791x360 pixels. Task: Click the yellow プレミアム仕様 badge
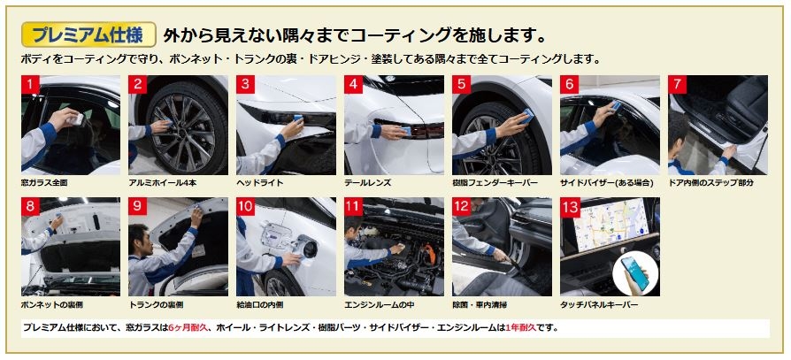coord(88,34)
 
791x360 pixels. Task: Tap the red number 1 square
coord(30,84)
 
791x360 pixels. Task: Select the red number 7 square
coord(677,84)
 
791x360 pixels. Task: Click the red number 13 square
coord(570,207)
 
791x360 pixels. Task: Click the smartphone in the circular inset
coord(635,273)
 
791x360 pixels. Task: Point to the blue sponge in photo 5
coord(527,117)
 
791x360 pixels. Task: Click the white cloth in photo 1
coord(77,119)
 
